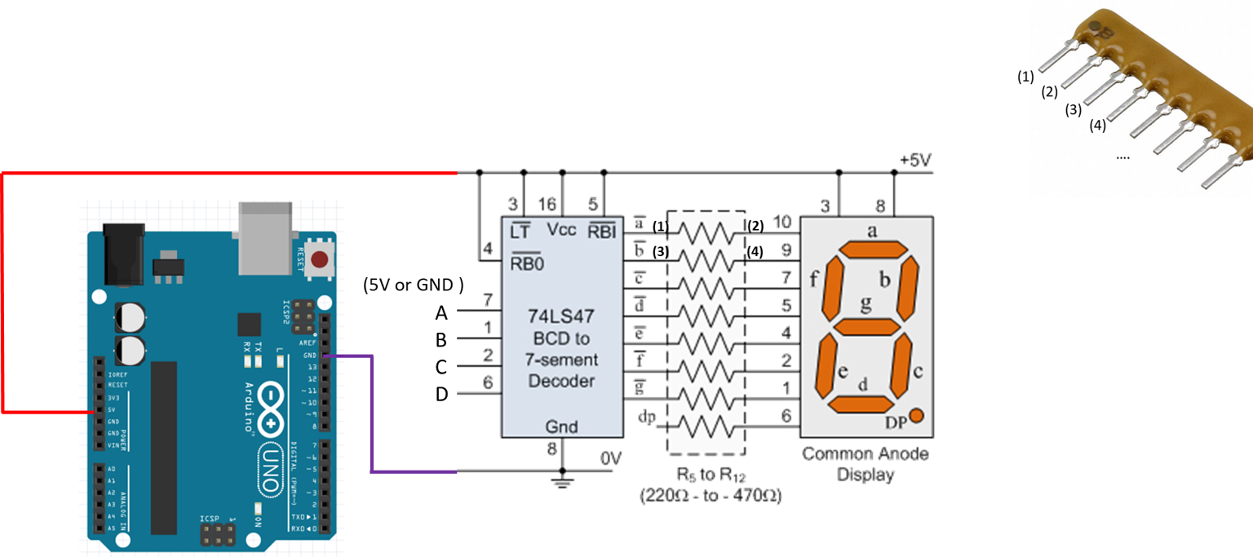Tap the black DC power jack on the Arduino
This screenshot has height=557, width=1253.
pos(123,254)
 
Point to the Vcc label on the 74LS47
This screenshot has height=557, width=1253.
pos(561,230)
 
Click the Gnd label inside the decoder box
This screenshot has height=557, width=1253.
pos(561,427)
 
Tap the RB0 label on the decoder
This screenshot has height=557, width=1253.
pos(527,263)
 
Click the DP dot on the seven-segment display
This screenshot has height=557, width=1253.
pos(916,416)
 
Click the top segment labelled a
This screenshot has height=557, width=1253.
pos(873,248)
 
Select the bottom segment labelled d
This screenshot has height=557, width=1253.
pos(860,404)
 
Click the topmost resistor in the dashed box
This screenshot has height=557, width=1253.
pos(706,234)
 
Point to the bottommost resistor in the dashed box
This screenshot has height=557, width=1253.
pos(706,427)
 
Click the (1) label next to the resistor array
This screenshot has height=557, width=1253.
pos(1025,77)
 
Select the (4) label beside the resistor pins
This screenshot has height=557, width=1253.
pos(1098,126)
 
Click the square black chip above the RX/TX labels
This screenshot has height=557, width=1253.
pos(249,325)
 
